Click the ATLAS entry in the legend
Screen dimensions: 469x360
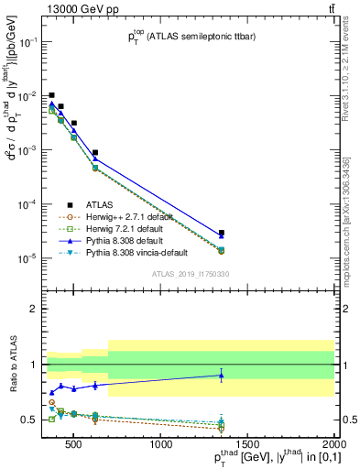click(x=99, y=204)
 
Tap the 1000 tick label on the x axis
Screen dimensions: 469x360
click(x=162, y=445)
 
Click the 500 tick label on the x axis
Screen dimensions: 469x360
click(x=76, y=445)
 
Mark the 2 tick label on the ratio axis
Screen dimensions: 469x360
click(x=38, y=309)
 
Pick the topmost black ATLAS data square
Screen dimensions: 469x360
click(x=52, y=95)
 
